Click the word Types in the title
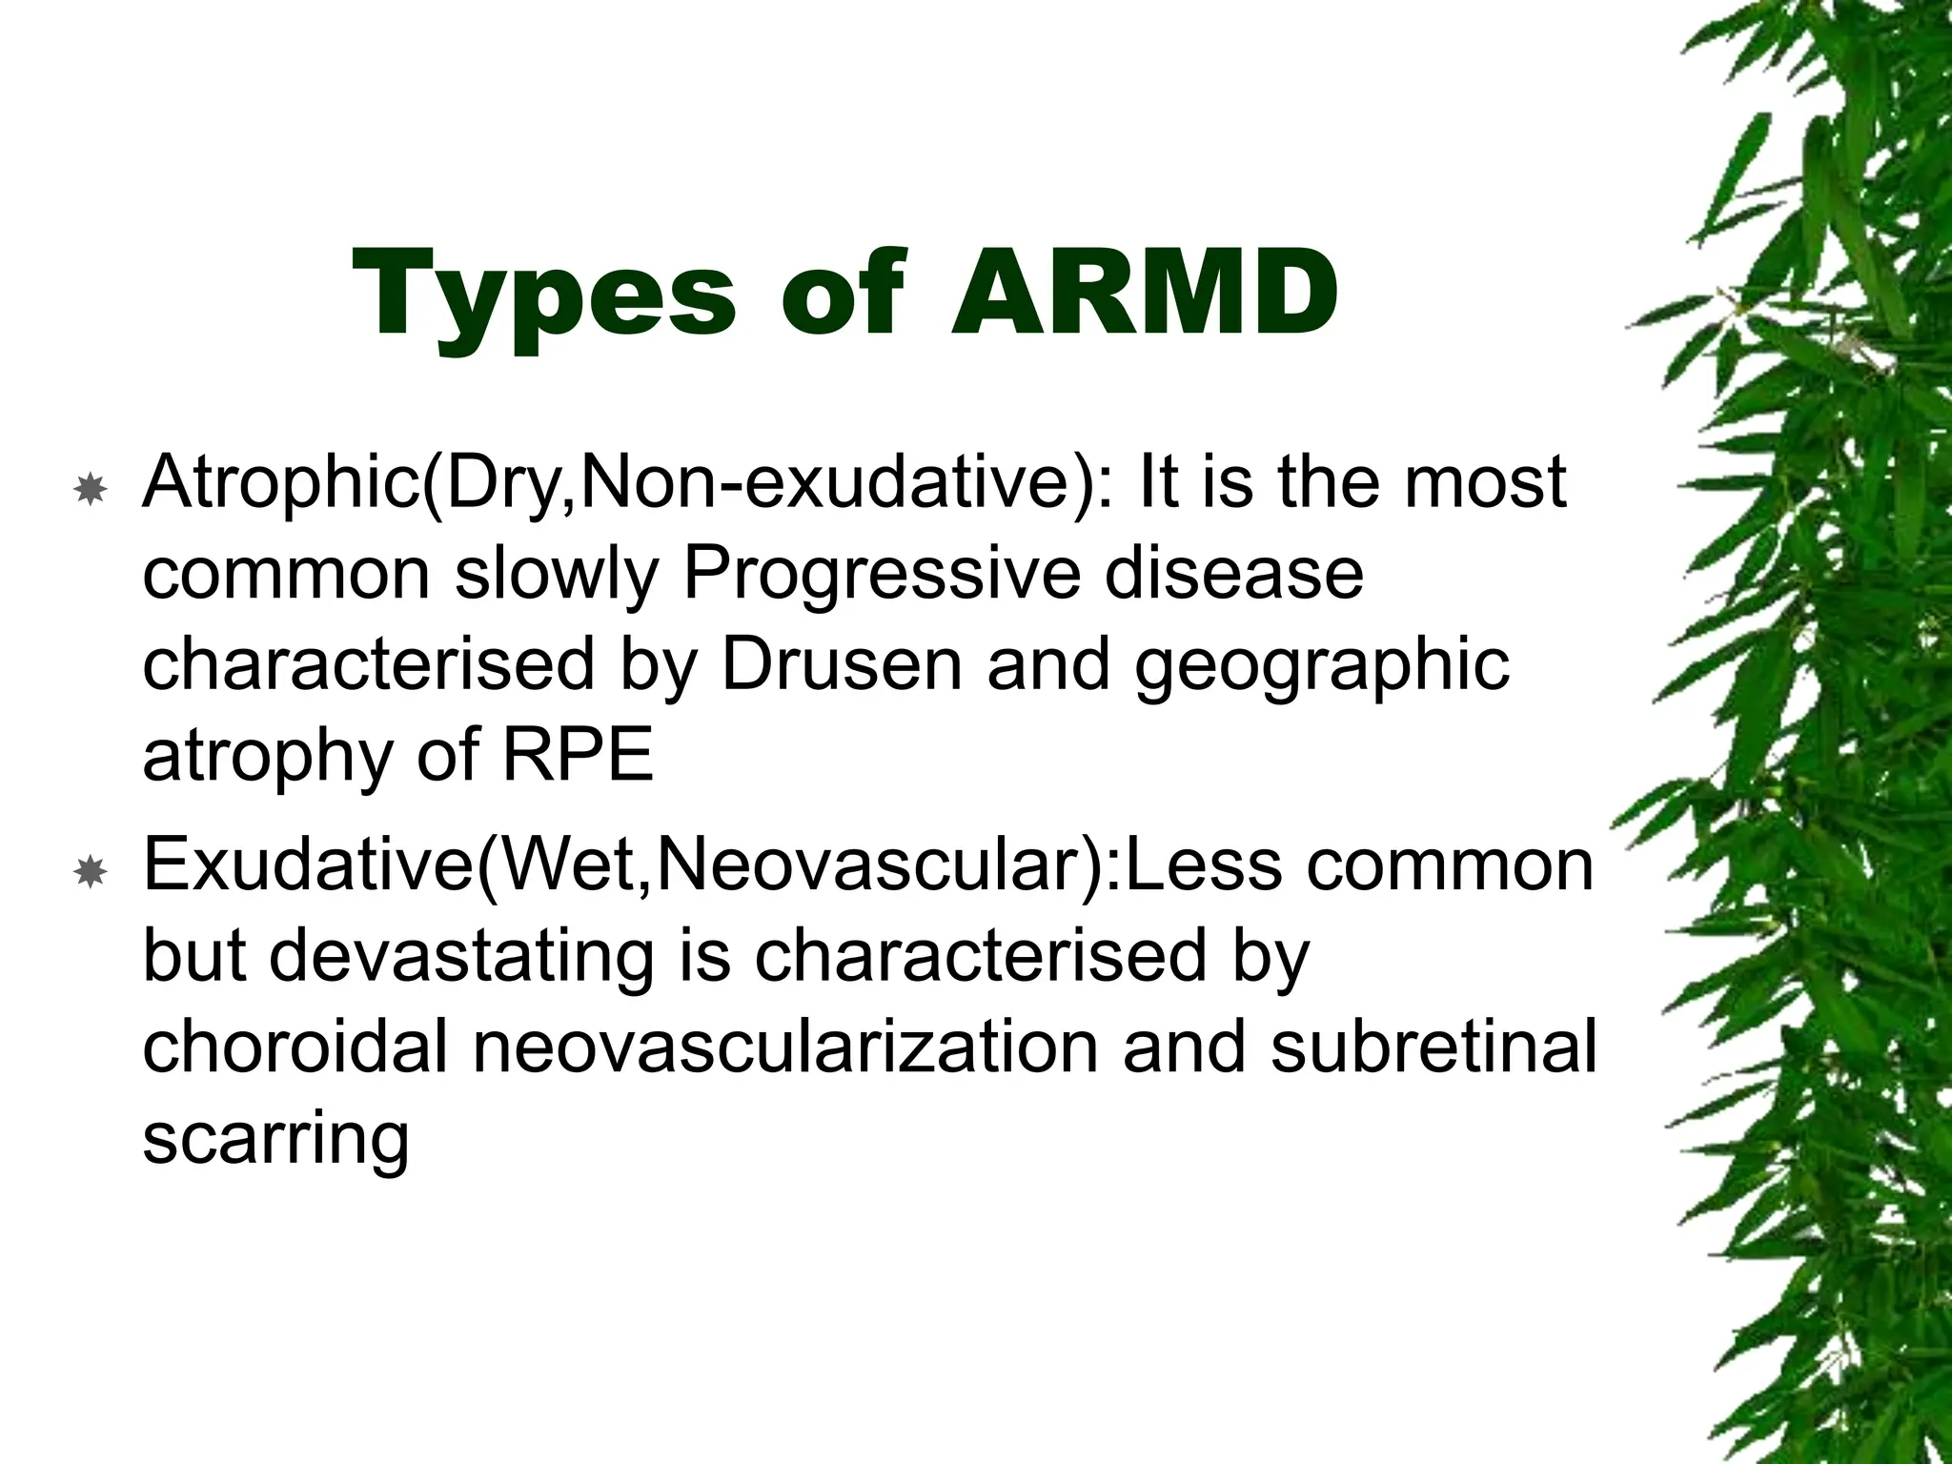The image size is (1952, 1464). click(x=544, y=295)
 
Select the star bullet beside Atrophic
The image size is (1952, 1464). click(x=90, y=490)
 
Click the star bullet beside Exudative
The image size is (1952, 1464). click(x=90, y=871)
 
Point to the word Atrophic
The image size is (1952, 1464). click(x=281, y=483)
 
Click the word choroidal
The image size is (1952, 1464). click(x=295, y=1047)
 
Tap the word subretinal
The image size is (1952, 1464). click(x=1433, y=1047)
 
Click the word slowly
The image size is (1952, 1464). click(x=557, y=574)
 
